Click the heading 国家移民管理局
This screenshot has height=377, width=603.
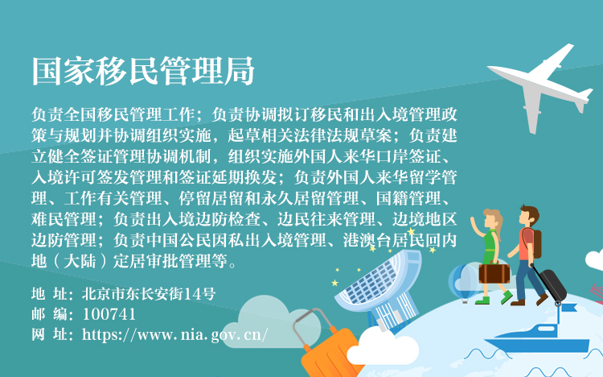pos(143,71)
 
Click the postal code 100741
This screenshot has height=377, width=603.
pos(109,314)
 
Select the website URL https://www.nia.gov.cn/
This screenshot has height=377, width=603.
pos(175,334)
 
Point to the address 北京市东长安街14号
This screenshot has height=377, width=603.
pos(149,294)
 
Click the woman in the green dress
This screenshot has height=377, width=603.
pos(490,255)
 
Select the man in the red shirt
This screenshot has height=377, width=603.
pos(527,255)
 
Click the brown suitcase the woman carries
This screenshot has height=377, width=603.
pos(494,272)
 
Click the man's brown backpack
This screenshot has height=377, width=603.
pos(535,243)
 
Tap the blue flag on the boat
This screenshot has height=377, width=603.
pos(568,308)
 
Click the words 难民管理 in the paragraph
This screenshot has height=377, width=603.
pos(64,219)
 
